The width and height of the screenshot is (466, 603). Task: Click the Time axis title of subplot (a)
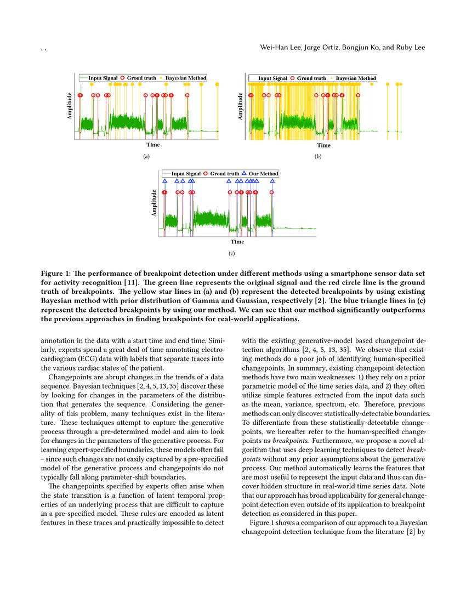point(152,145)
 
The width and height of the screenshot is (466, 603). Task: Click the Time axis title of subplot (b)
point(323,145)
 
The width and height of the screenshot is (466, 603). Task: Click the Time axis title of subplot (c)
point(237,241)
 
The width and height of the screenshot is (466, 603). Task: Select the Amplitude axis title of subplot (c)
point(154,203)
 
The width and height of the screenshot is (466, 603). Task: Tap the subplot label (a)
point(146,157)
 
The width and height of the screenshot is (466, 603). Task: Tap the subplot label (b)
point(317,157)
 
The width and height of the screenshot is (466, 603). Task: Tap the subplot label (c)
point(231,253)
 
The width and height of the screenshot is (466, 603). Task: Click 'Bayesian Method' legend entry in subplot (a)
point(185,78)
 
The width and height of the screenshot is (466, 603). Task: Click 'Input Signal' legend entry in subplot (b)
point(272,78)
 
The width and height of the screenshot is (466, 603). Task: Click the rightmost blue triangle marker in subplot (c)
point(272,180)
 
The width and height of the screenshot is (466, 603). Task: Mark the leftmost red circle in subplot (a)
point(80,95)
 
